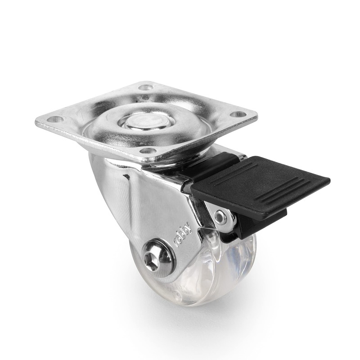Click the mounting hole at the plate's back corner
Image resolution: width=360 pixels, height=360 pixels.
pos(145,87)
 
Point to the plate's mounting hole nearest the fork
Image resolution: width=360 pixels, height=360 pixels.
pos(149,151)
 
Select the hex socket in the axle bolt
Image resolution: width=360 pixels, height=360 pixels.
pos(152,261)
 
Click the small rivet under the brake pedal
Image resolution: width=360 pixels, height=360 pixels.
pos(220,217)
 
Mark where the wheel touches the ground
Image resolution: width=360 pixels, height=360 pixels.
pos(193,304)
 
